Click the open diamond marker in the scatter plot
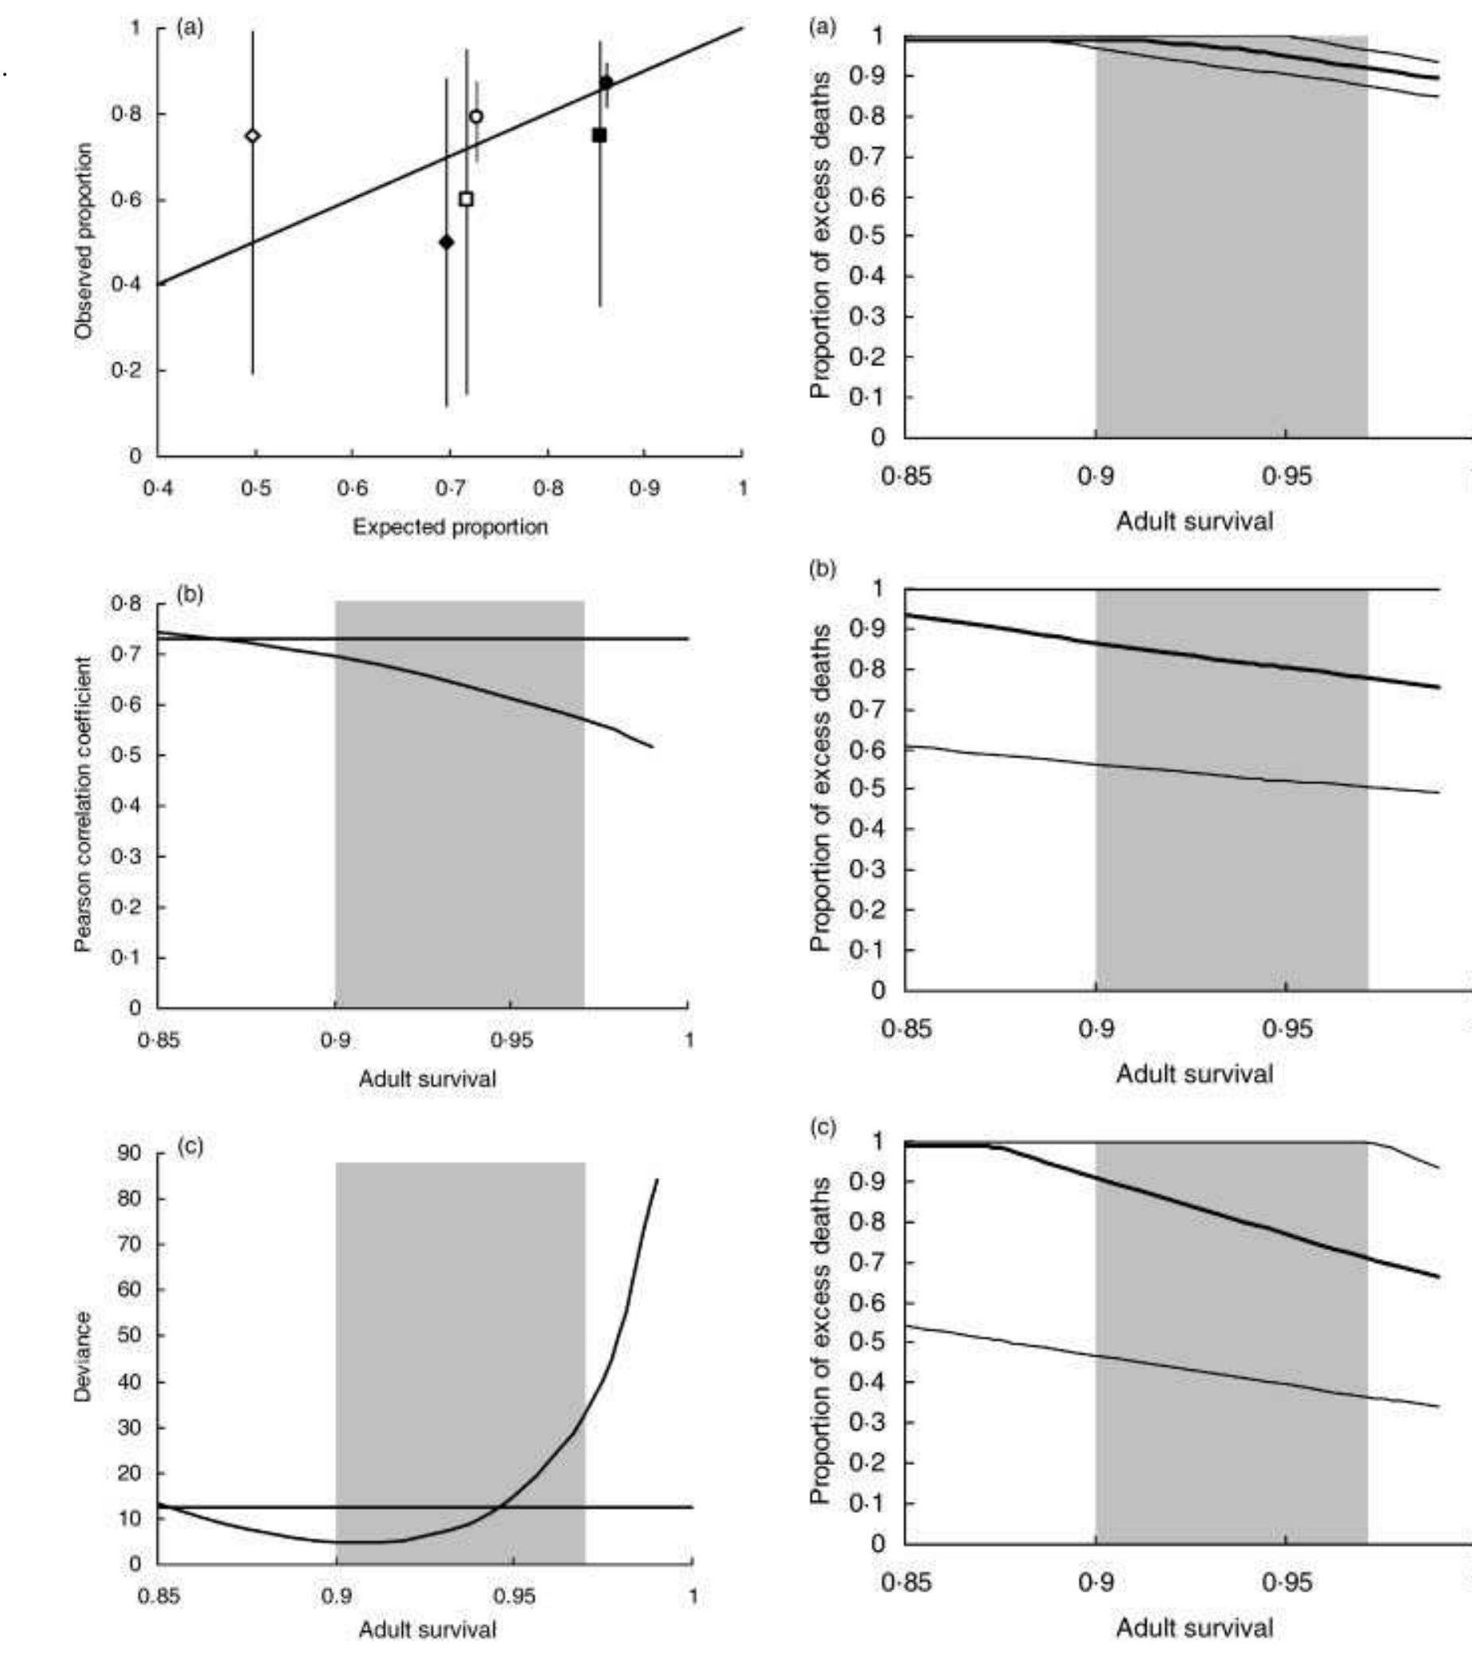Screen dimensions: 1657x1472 (x=253, y=135)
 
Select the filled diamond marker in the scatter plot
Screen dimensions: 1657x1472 (x=446, y=242)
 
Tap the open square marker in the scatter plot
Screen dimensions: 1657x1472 (x=466, y=199)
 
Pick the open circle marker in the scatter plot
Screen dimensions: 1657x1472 (x=477, y=117)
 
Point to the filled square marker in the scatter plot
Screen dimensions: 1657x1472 (x=599, y=135)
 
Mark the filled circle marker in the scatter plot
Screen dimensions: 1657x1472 (x=607, y=83)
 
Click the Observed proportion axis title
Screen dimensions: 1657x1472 (x=84, y=240)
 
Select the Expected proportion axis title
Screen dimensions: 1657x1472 (x=450, y=527)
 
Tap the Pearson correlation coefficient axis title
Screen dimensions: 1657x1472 (x=84, y=804)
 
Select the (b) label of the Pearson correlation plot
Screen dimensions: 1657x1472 (x=189, y=594)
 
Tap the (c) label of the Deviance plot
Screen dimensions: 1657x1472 (x=189, y=1147)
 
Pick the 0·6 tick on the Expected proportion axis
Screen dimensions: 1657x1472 (x=352, y=488)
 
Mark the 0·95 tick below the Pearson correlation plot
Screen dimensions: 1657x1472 (x=511, y=1040)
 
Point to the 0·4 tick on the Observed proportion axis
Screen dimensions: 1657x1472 (x=127, y=284)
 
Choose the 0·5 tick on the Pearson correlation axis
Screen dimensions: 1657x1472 (x=127, y=756)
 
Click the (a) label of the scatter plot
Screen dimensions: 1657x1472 (x=189, y=29)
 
